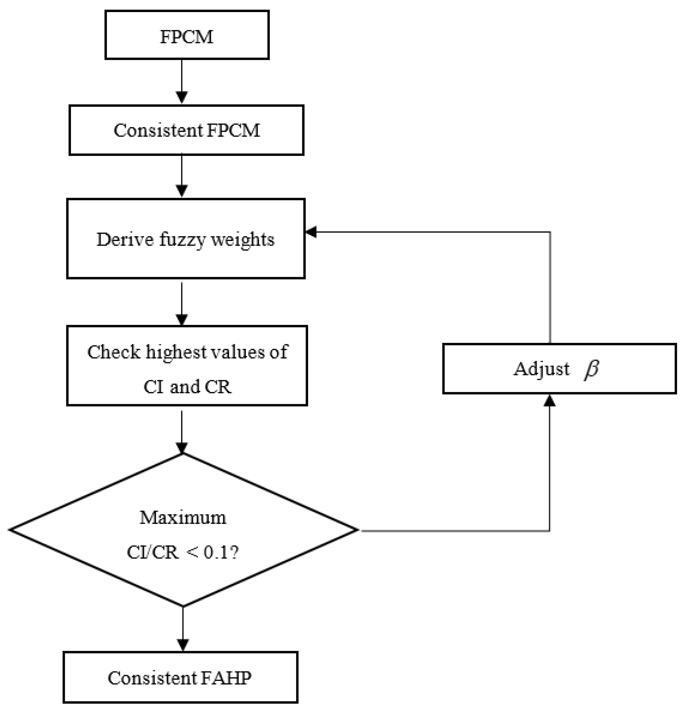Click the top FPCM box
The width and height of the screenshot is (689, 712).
[187, 35]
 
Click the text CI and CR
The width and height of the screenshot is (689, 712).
[187, 386]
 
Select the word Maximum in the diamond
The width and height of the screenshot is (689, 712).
[183, 517]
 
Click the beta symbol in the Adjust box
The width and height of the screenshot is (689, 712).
[591, 369]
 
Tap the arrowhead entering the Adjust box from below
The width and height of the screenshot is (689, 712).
[550, 400]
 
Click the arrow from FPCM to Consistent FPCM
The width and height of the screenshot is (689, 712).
[181, 82]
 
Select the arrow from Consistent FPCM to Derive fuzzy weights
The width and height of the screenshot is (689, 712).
[181, 176]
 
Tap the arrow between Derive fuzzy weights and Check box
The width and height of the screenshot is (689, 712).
[181, 303]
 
